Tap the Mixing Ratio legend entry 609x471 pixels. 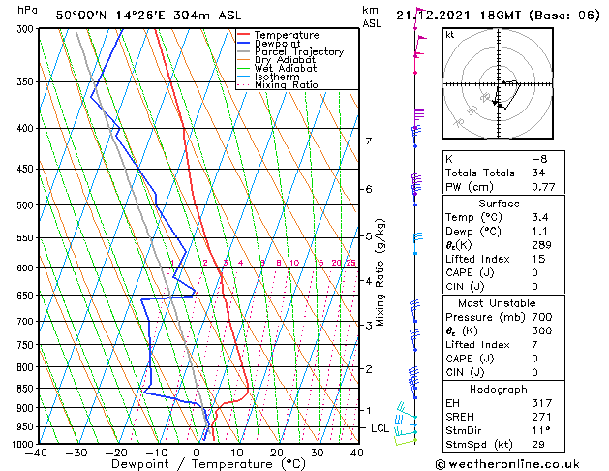click(x=286, y=85)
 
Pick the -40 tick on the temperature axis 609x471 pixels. click(x=37, y=452)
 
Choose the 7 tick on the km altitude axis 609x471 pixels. click(x=368, y=141)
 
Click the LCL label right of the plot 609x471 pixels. click(x=379, y=428)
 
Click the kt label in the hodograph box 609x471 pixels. click(x=449, y=35)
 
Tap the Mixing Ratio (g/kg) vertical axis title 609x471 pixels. click(x=381, y=271)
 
